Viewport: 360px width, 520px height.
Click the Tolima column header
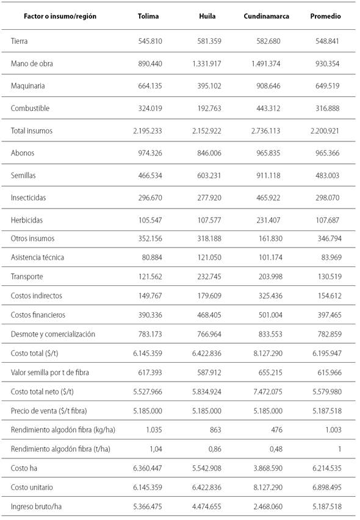tap(148, 16)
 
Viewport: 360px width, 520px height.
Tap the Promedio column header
tap(326, 16)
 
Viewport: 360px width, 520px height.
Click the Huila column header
tap(208, 16)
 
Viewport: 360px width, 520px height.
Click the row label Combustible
tap(31, 109)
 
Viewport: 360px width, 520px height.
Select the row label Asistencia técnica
tap(38, 257)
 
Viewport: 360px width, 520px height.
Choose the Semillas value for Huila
tap(209, 175)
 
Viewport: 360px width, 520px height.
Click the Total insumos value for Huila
tap(207, 131)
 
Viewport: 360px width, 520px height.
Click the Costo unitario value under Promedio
tap(323, 487)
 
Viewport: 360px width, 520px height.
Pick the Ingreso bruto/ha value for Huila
tap(207, 507)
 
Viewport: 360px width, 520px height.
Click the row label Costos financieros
tap(38, 315)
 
